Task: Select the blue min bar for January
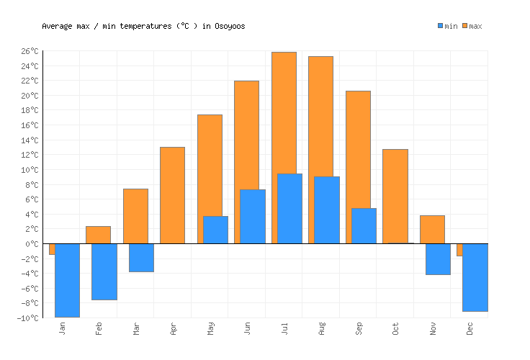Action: (67, 280)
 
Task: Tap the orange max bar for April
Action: (172, 195)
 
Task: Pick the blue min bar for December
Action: (475, 277)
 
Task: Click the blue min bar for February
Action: (104, 271)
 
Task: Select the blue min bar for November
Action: (438, 259)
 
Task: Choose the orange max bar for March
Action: (135, 216)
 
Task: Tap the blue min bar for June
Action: (252, 216)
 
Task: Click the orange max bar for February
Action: (98, 235)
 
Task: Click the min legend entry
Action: (447, 26)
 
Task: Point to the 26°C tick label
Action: (30, 51)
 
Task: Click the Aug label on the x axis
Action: (322, 328)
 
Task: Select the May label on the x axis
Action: (210, 328)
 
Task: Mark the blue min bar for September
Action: (364, 225)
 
